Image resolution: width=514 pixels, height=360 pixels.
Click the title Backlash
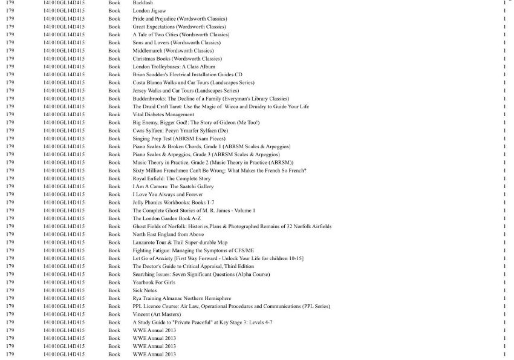click(143, 3)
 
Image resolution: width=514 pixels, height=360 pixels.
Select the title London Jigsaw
click(149, 11)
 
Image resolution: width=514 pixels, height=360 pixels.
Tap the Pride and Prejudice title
click(180, 19)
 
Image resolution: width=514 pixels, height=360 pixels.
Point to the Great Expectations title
click(179, 27)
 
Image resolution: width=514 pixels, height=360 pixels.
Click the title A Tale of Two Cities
click(181, 34)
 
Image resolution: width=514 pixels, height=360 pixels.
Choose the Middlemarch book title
click(173, 51)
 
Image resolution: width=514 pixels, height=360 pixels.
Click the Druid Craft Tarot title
click(221, 106)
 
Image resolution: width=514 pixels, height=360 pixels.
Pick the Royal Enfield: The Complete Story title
click(172, 178)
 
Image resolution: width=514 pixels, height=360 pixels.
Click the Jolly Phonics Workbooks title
click(169, 202)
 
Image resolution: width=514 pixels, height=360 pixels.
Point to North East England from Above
click(168, 234)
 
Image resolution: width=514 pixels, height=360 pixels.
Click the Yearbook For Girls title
click(154, 282)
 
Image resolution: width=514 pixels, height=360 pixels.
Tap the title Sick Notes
click(145, 290)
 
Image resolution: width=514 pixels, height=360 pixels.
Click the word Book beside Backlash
click(114, 3)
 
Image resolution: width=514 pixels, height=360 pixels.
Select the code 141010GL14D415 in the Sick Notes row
click(64, 290)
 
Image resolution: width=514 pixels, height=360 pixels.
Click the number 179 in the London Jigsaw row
click(10, 11)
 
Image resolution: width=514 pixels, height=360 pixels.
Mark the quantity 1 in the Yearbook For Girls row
click(504, 282)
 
